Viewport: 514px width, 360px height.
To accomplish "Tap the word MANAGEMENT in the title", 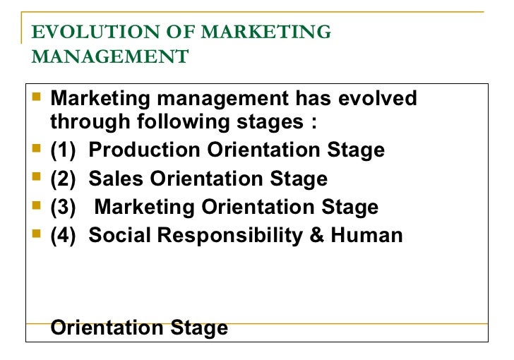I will point(110,56).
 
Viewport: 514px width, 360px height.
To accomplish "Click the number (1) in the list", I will point(64,150).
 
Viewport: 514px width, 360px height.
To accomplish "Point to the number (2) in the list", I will point(64,179).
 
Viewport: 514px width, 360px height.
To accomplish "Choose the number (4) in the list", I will point(64,235).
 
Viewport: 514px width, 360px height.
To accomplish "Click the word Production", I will point(145,150).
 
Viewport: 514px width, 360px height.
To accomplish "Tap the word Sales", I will point(112,179).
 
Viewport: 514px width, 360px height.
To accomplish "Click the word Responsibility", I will point(230,235).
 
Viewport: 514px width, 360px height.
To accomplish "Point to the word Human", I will point(366,235).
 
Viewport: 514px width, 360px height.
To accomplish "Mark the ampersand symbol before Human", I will point(316,235).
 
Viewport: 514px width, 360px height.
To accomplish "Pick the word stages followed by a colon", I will point(274,122).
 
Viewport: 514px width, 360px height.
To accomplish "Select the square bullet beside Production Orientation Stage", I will point(38,149).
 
